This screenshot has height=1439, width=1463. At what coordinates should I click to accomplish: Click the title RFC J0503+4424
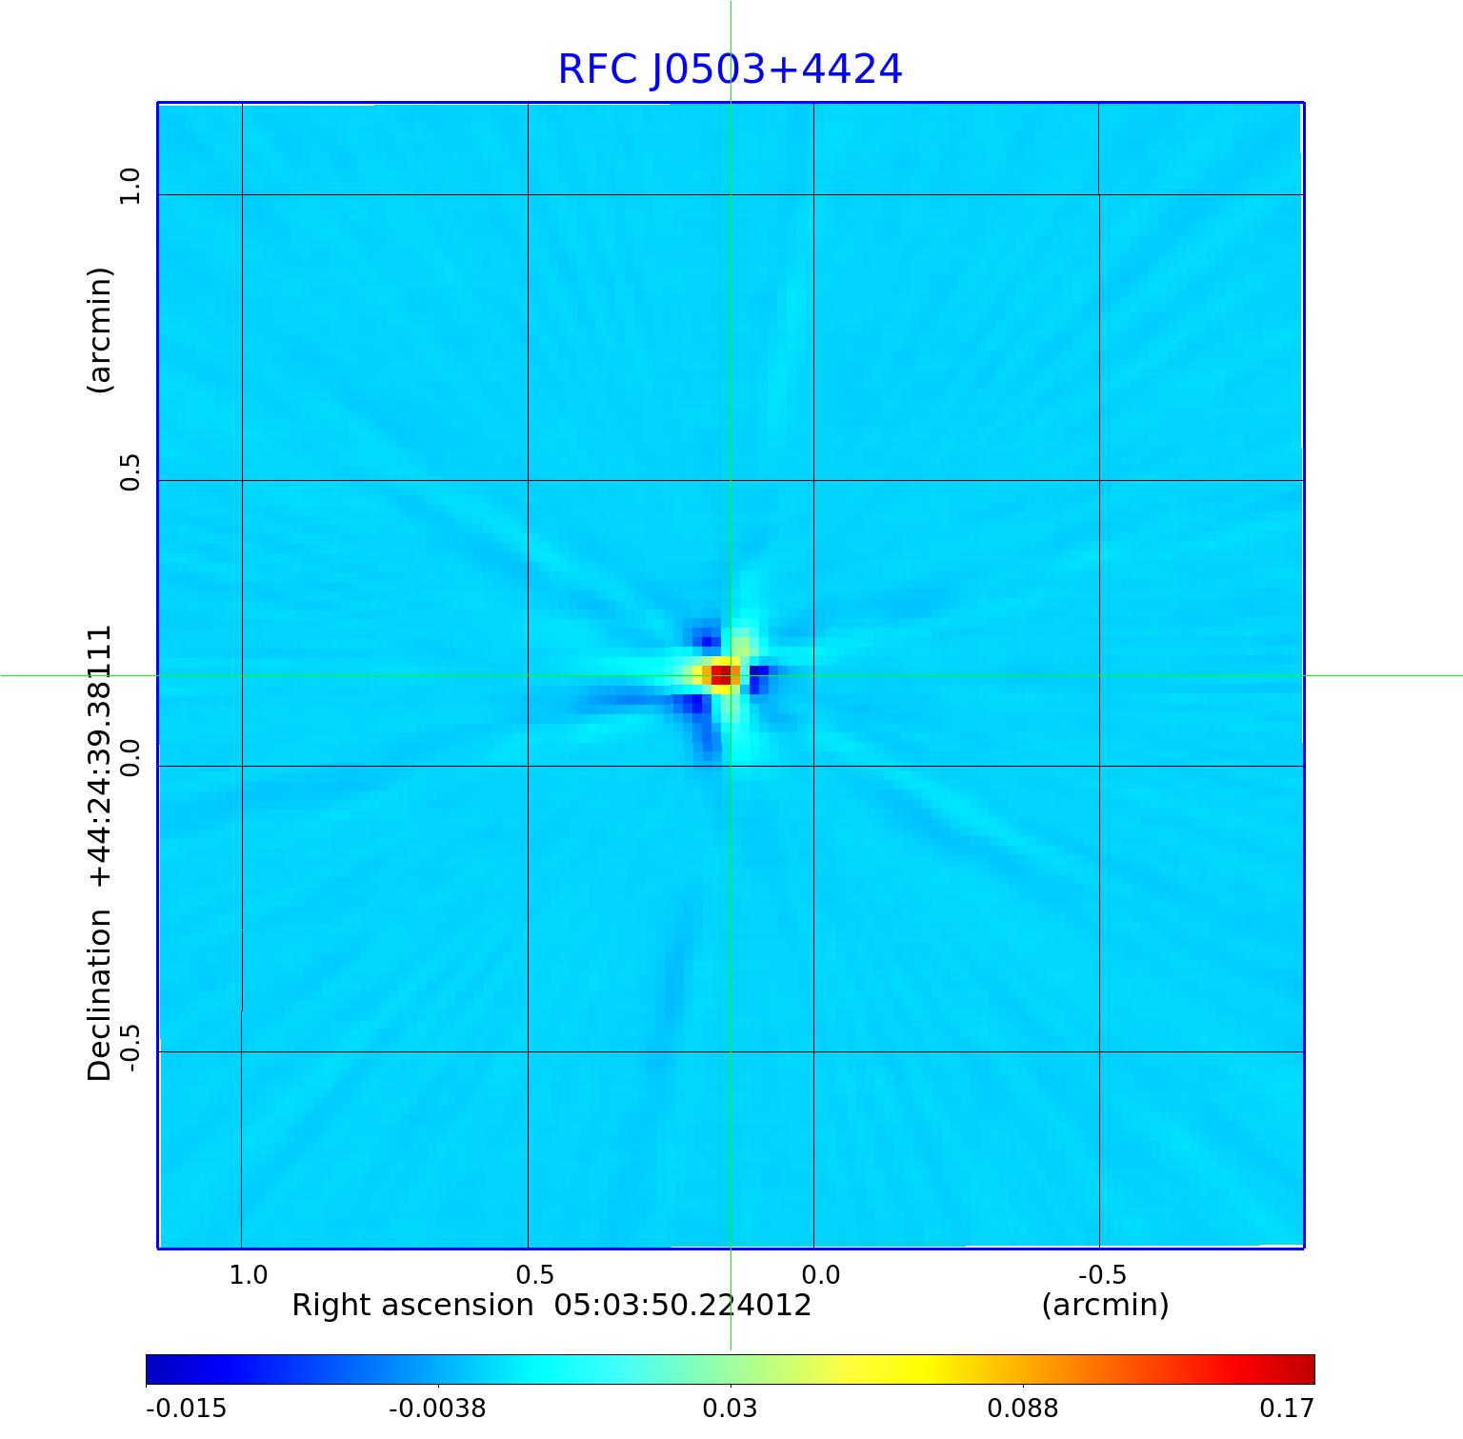coord(730,70)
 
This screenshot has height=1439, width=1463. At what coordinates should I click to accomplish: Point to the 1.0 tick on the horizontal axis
coord(249,1274)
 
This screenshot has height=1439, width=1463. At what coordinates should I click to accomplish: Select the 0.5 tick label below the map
coord(534,1274)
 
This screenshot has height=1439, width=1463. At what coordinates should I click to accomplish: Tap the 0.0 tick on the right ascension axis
coord(820,1274)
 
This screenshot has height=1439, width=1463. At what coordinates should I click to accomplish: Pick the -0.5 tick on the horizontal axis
coord(1102,1274)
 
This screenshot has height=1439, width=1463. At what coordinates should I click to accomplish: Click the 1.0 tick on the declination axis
coord(130,186)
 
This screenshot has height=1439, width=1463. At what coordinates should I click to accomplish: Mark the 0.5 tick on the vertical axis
coord(130,472)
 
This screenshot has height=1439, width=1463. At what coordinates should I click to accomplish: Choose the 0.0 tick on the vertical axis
coord(130,758)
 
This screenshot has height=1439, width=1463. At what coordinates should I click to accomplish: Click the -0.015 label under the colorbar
coord(186,1408)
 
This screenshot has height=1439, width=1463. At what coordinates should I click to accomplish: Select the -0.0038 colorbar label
coord(437,1408)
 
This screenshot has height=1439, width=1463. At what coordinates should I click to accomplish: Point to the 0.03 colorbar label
coord(730,1408)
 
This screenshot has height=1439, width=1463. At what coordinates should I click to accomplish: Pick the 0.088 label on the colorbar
coord(1022,1408)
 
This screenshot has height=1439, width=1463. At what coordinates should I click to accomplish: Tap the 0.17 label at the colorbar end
coord(1287,1408)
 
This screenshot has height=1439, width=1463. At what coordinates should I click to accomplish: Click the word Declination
coord(100,995)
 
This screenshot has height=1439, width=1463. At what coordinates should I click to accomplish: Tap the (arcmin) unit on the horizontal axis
coord(1105,1305)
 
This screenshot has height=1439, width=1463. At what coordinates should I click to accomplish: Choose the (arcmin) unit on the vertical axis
coord(100,330)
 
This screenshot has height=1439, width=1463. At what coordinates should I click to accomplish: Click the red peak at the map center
coord(721,674)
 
